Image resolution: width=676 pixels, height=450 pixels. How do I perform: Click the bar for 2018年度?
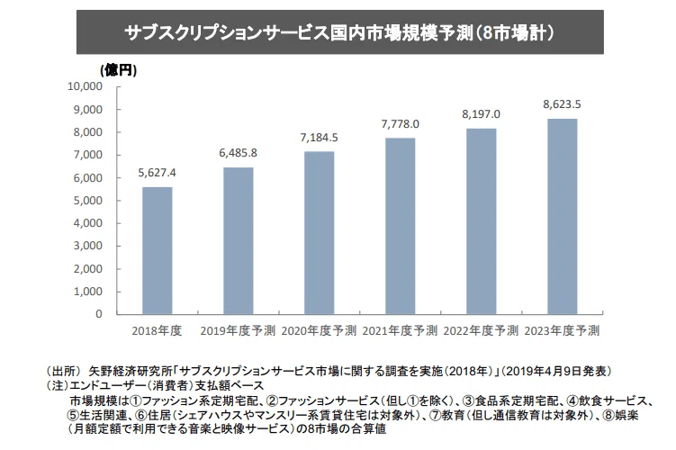coord(158,250)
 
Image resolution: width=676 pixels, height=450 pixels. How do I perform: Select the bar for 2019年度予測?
coord(239,241)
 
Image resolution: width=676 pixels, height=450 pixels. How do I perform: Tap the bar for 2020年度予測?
coord(319,233)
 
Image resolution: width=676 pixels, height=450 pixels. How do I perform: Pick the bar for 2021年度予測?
coord(400,226)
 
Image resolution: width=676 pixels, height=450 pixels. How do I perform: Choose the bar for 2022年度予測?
coord(482,221)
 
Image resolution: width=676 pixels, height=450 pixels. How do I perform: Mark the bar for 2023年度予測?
coord(563,217)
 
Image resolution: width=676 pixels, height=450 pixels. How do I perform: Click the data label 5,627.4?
coord(157,173)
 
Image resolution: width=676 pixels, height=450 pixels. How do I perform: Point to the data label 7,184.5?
coord(319,138)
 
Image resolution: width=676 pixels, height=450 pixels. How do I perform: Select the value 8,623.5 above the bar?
coord(562,104)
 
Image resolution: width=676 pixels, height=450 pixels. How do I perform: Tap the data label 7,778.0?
coord(400,124)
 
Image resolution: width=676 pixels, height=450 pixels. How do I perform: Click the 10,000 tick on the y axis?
coord(85,86)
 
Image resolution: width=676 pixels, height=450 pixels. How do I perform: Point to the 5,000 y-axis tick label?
coord(88,201)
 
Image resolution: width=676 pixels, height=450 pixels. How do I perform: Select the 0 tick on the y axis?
coord(99,314)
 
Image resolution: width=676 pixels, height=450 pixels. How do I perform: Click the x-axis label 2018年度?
coord(157,331)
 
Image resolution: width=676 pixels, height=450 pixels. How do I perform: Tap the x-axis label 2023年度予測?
coord(562,331)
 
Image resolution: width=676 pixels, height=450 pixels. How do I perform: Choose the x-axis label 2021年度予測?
coord(400,331)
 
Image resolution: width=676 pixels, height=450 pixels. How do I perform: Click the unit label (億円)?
coord(119,70)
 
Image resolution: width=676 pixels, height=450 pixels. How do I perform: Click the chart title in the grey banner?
coord(339,32)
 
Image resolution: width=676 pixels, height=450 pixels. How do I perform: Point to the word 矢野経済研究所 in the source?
coord(131,371)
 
